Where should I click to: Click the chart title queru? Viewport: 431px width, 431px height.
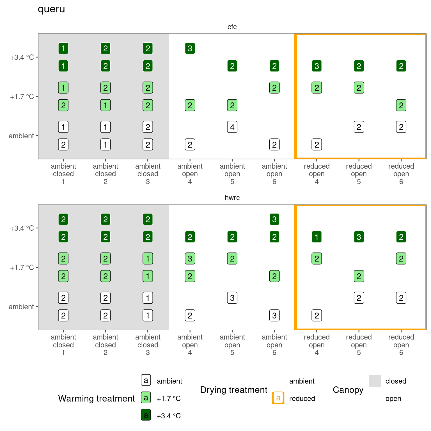(51, 9)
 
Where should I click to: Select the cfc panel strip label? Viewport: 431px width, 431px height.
(232, 27)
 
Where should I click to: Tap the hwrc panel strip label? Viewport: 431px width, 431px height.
(232, 198)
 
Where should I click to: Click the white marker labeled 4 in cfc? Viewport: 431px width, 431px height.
(232, 127)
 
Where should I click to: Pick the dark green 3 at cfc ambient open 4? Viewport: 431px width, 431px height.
(190, 49)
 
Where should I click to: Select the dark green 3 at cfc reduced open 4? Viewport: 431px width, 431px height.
(317, 66)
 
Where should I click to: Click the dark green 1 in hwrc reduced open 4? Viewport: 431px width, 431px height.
(317, 237)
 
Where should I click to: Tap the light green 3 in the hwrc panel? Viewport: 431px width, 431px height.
(190, 259)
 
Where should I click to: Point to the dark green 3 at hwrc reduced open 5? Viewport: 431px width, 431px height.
(359, 237)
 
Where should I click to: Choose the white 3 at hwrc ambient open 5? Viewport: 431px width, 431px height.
(232, 298)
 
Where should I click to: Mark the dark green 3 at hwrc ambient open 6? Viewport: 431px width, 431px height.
(274, 219)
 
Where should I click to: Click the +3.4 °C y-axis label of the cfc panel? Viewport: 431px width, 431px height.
(22, 58)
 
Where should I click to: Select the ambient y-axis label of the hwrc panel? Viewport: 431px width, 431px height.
(21, 307)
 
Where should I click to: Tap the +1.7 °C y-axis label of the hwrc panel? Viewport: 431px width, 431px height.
(22, 268)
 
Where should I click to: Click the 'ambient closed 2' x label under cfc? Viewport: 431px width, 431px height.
(106, 174)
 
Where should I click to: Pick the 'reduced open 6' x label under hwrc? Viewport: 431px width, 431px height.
(401, 345)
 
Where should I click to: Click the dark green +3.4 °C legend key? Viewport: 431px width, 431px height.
(146, 415)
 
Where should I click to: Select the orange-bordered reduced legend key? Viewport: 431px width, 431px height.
(278, 398)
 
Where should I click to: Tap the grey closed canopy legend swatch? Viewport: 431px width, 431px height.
(375, 381)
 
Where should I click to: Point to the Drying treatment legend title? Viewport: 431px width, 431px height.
(233, 390)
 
